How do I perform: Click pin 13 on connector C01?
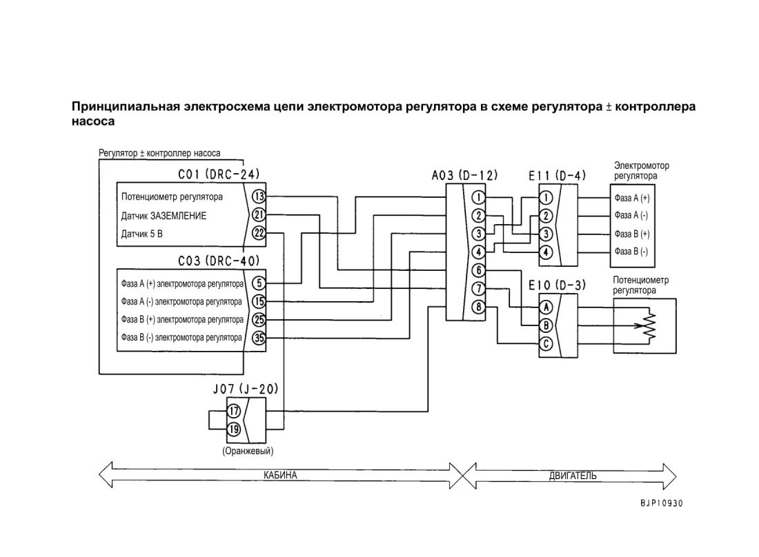259,196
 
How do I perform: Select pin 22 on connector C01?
259,233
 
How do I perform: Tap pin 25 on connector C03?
259,320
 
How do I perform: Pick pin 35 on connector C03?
259,338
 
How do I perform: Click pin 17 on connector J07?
234,411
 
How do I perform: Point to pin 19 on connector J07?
234,429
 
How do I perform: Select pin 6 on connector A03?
478,270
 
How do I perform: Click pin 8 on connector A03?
478,307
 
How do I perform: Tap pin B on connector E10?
546,325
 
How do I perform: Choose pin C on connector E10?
546,344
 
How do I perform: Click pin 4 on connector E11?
546,252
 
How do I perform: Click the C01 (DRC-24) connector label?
219,174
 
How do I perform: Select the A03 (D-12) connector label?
464,175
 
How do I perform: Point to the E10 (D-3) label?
557,285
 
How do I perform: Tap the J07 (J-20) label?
246,389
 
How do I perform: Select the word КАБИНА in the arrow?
280,475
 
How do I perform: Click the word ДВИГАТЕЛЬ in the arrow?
573,475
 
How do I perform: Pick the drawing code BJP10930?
661,503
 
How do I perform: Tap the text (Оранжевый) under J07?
248,451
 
